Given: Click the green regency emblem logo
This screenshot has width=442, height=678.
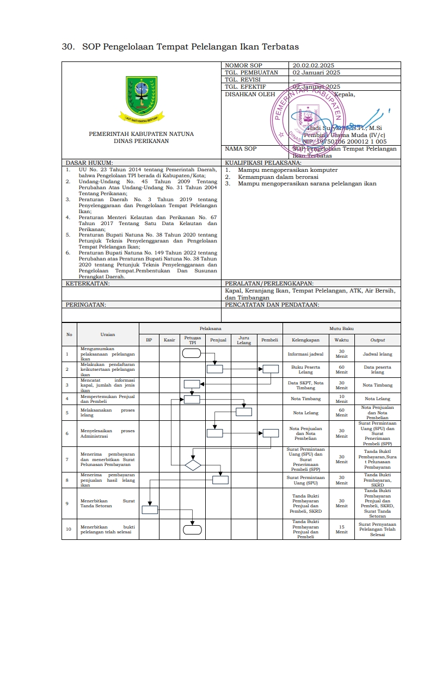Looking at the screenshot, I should click(142, 95).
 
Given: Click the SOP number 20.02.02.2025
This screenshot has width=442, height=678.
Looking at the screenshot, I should click(313, 65).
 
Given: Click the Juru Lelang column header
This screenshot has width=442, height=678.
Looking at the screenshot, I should click(244, 340).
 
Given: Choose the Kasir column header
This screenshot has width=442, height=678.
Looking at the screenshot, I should click(169, 340).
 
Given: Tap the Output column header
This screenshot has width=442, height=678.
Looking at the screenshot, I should click(377, 340).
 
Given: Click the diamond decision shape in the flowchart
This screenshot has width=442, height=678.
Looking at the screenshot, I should click(193, 465).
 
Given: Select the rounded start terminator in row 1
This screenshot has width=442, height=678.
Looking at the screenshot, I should click(192, 353).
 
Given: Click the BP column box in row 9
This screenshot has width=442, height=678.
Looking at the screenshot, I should click(150, 509).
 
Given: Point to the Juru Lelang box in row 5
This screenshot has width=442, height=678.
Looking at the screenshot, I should click(244, 412).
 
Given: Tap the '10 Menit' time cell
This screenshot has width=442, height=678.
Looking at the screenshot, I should click(341, 399).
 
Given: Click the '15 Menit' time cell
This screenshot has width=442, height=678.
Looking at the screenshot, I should click(341, 530).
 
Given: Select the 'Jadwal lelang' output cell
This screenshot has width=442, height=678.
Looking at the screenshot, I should click(377, 354).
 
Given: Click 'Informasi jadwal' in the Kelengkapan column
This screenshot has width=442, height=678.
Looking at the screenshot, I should click(305, 354).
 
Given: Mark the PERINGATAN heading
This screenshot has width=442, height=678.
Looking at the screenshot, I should click(86, 304).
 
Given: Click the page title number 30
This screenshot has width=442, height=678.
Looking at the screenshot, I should click(67, 47).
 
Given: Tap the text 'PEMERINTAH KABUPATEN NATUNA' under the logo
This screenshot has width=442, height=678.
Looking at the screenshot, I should click(141, 134).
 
